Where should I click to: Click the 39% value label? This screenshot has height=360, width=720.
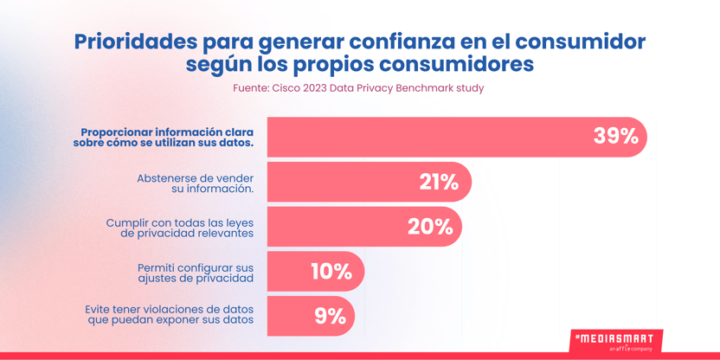pyautogui.click(x=616, y=137)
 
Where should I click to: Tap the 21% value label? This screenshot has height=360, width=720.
pyautogui.click(x=439, y=183)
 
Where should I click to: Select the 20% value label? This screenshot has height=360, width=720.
pyautogui.click(x=430, y=227)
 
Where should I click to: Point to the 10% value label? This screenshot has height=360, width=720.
pyautogui.click(x=331, y=272)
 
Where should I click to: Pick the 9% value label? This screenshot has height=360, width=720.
pyautogui.click(x=330, y=317)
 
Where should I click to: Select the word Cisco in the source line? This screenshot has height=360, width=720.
pyautogui.click(x=286, y=88)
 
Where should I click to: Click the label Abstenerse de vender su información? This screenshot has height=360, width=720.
pyautogui.click(x=196, y=183)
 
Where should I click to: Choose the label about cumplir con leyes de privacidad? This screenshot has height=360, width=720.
pyautogui.click(x=180, y=228)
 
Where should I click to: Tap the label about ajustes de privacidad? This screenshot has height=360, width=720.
pyautogui.click(x=196, y=273)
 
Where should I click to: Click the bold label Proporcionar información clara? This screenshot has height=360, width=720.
pyautogui.click(x=163, y=137)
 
